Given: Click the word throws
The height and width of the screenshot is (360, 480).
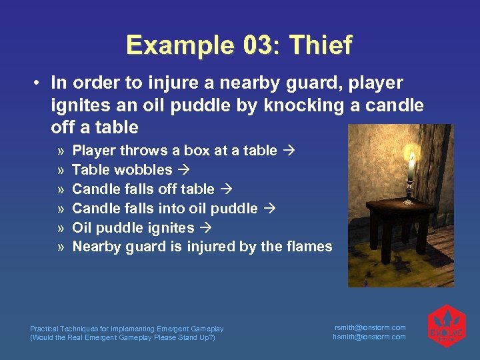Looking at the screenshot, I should (139, 151).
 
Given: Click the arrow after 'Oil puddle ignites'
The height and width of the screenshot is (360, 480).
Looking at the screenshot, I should (206, 227).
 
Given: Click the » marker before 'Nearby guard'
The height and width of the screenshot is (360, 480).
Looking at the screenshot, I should (61, 247).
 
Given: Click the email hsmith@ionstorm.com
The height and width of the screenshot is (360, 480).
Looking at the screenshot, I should (369, 337).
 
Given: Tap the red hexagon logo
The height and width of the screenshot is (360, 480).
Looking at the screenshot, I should (446, 327).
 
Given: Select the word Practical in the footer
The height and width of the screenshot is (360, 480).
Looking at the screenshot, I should (45, 329).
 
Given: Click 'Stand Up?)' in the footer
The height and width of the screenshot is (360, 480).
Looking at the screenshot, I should (198, 337).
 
